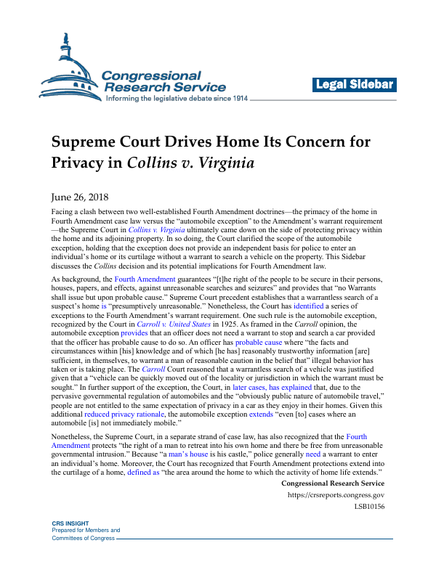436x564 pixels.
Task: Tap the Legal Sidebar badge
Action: pyautogui.click(x=355, y=85)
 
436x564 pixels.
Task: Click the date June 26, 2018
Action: pyautogui.click(x=81, y=196)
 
